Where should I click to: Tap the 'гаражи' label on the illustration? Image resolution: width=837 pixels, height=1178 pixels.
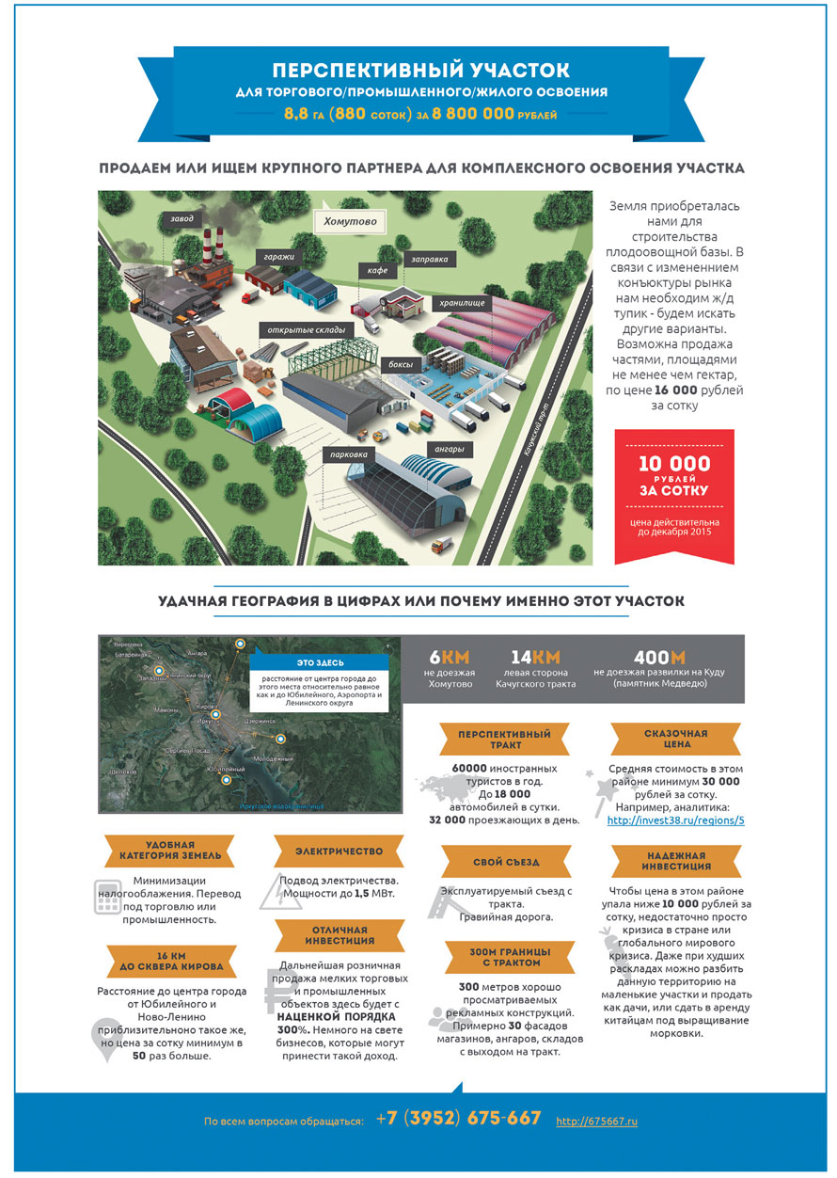[277, 255]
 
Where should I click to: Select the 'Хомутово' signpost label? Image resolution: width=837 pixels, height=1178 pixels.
[350, 223]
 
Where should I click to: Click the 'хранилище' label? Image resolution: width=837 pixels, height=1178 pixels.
[460, 304]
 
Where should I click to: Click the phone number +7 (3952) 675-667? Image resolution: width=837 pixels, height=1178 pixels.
[458, 1119]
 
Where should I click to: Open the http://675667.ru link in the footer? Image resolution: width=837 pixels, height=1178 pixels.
[596, 1122]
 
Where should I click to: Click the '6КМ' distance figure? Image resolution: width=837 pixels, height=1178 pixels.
[449, 656]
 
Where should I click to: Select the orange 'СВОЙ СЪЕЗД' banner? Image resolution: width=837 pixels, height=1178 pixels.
[507, 861]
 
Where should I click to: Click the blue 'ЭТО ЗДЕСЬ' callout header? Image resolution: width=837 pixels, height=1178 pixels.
[321, 661]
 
